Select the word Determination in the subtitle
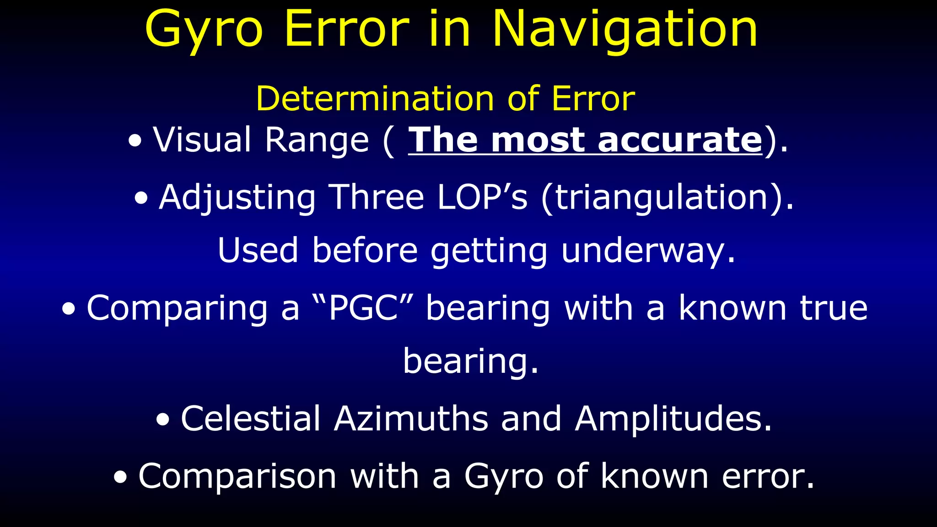375,99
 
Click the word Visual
202,140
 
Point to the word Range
317,140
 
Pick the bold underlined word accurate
680,140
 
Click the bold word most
538,140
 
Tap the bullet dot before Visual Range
135,141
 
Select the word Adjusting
237,198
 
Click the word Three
377,198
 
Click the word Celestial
251,419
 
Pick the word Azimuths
411,419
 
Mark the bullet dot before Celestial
163,420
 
